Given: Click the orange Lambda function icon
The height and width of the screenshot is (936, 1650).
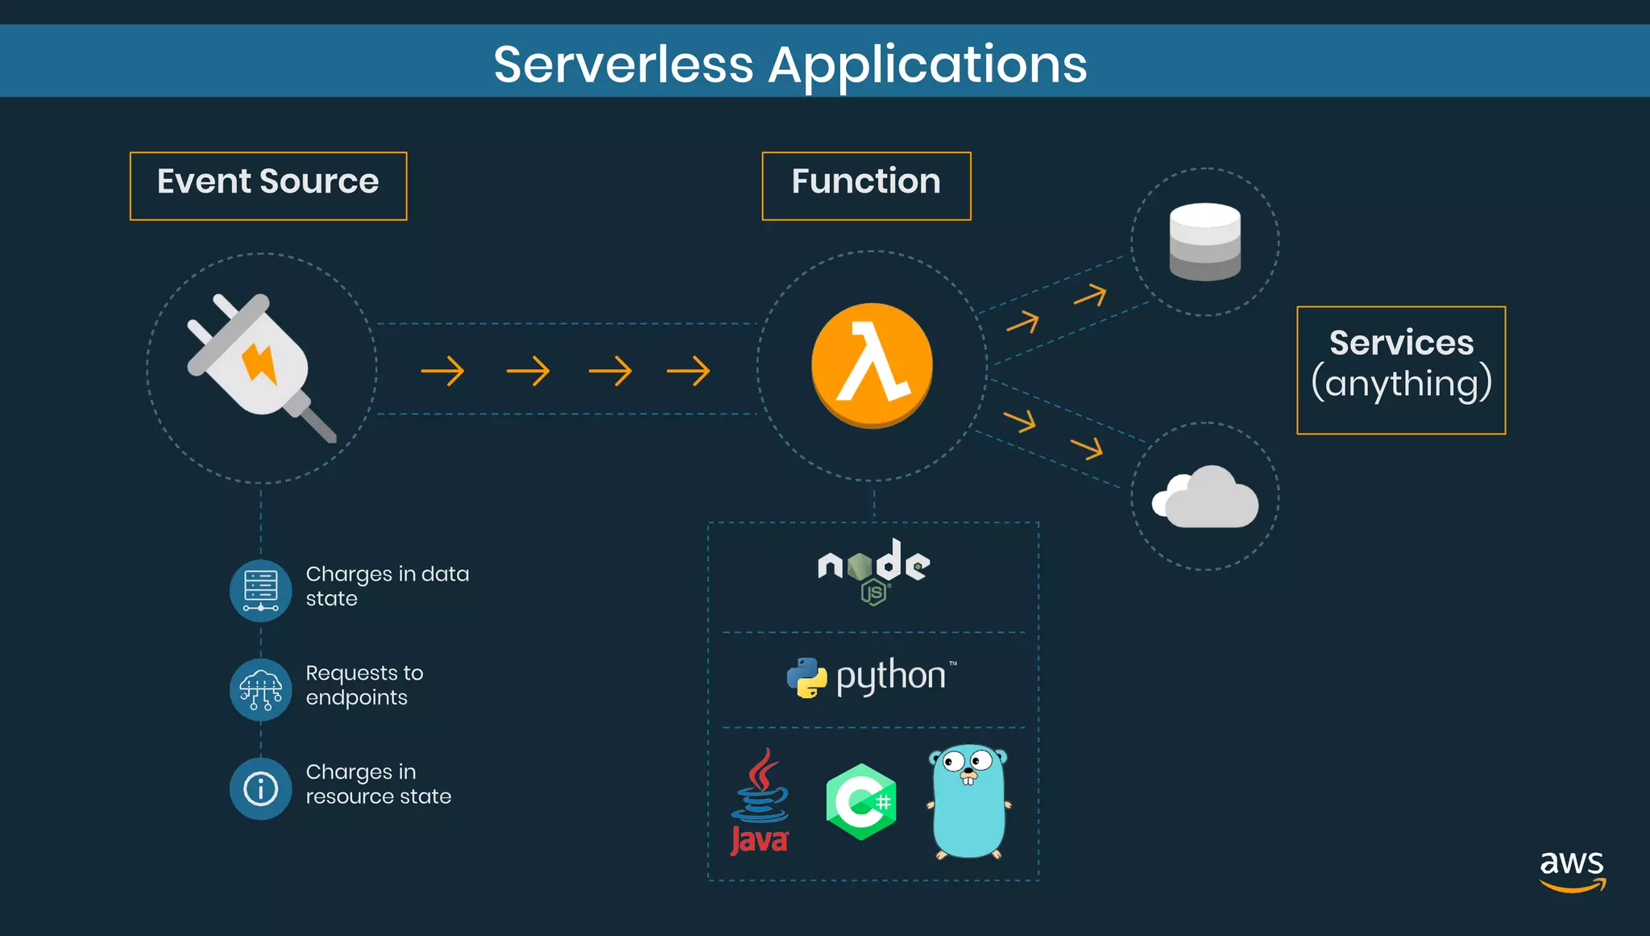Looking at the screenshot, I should pos(872,365).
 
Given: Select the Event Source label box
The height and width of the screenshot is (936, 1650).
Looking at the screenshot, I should pos(268,185).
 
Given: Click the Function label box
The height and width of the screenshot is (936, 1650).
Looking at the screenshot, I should pos(866,185).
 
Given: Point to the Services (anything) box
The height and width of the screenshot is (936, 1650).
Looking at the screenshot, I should pos(1400,370).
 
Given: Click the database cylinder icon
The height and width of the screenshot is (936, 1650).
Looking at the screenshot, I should pos(1204,241).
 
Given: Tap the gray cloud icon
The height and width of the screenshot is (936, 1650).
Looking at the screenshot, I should pos(1206,497).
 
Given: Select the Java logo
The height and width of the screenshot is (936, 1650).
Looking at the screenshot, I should pos(759,802).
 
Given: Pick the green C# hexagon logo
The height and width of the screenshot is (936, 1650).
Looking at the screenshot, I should pos(861,801).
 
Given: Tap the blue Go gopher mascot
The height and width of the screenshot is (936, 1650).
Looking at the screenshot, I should pos(968,801).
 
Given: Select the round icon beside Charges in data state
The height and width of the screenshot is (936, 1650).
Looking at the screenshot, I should pos(260,590).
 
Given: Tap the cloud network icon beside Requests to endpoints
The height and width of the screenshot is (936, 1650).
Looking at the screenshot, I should pos(260,689).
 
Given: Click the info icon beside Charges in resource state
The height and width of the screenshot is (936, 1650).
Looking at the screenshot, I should pos(260,788).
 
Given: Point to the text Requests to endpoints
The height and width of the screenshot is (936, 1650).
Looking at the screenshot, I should pos(364,684).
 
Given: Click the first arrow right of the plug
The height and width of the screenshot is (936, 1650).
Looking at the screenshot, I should pos(442,371).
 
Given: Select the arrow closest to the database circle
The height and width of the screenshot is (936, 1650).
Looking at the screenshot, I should pos(1090,296).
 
